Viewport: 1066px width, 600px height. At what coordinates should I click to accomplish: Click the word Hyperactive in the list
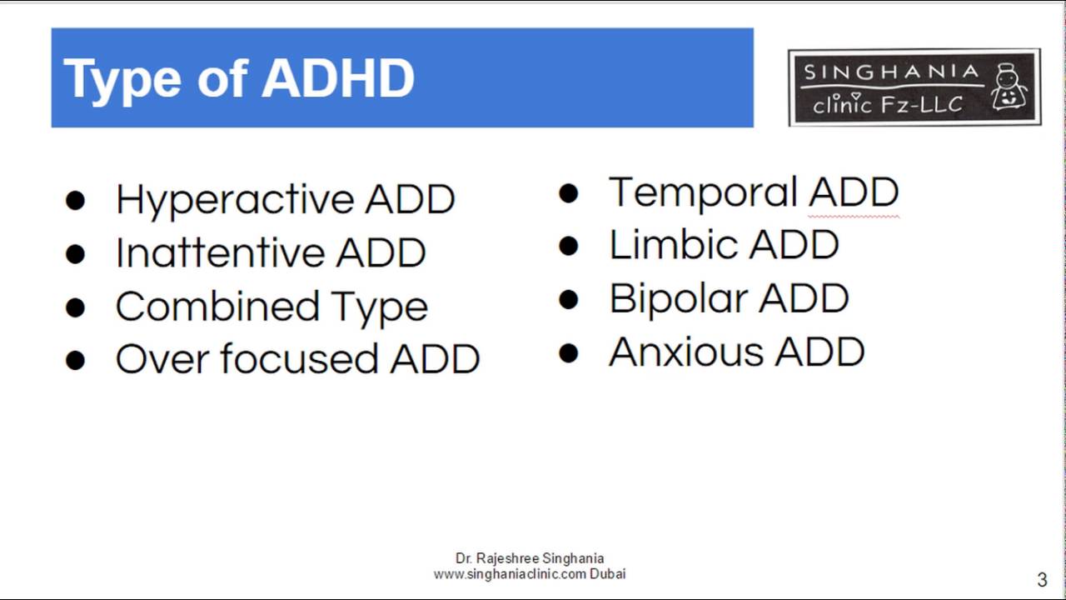(x=235, y=200)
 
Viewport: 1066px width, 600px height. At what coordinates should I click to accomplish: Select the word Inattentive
(x=219, y=253)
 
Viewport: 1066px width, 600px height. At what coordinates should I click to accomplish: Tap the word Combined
(x=217, y=307)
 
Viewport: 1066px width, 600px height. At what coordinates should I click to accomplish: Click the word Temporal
(x=703, y=192)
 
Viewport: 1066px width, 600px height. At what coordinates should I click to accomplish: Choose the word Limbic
(x=673, y=245)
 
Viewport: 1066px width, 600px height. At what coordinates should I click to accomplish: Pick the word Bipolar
(x=678, y=299)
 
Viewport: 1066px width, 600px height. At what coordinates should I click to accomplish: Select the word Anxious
(x=685, y=352)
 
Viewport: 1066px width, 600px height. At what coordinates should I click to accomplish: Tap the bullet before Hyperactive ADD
(x=75, y=201)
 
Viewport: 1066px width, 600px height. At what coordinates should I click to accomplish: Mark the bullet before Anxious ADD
(x=569, y=353)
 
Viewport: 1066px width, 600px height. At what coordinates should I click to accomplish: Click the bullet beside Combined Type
(x=75, y=307)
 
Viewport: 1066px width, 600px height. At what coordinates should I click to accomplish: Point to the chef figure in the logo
(x=1009, y=87)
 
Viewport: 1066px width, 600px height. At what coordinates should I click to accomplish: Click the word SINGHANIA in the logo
(x=890, y=72)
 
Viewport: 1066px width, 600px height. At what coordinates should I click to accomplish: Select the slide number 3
(x=1042, y=580)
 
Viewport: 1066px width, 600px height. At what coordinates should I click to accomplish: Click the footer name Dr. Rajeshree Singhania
(x=530, y=558)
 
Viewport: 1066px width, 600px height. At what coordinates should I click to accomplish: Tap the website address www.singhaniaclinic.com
(x=511, y=574)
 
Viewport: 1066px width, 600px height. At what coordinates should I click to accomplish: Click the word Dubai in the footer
(x=608, y=574)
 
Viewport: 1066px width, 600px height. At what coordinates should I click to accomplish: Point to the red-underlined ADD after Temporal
(x=854, y=192)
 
